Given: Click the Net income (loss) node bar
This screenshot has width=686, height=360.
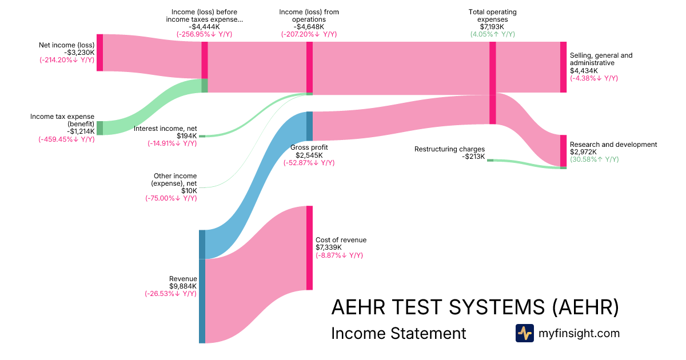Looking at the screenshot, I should (99, 53).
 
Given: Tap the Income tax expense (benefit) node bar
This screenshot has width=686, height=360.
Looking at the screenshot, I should (99, 128).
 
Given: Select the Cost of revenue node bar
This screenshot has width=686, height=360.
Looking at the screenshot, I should (309, 248).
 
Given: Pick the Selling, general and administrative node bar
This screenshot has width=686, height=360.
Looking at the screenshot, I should (563, 67).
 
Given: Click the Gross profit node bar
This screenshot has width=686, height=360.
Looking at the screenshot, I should (309, 126).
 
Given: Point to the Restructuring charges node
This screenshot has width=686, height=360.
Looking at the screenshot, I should (490, 161).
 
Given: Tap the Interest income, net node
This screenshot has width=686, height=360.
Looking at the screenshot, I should (201, 137).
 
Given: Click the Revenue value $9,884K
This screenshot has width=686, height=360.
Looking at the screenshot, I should (183, 286).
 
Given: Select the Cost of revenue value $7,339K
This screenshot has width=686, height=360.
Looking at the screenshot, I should (329, 247).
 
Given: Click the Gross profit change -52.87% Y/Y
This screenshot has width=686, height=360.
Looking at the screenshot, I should (309, 163).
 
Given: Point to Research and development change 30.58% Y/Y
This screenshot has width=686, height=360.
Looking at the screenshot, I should (594, 159).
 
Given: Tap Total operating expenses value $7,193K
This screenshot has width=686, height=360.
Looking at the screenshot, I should (492, 27).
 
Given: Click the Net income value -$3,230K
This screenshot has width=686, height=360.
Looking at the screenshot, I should (79, 52).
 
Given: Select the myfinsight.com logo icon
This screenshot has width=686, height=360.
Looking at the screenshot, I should (524, 333).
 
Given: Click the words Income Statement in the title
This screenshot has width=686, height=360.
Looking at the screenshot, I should (398, 333).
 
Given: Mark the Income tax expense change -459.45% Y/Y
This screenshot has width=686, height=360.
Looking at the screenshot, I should (66, 139).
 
